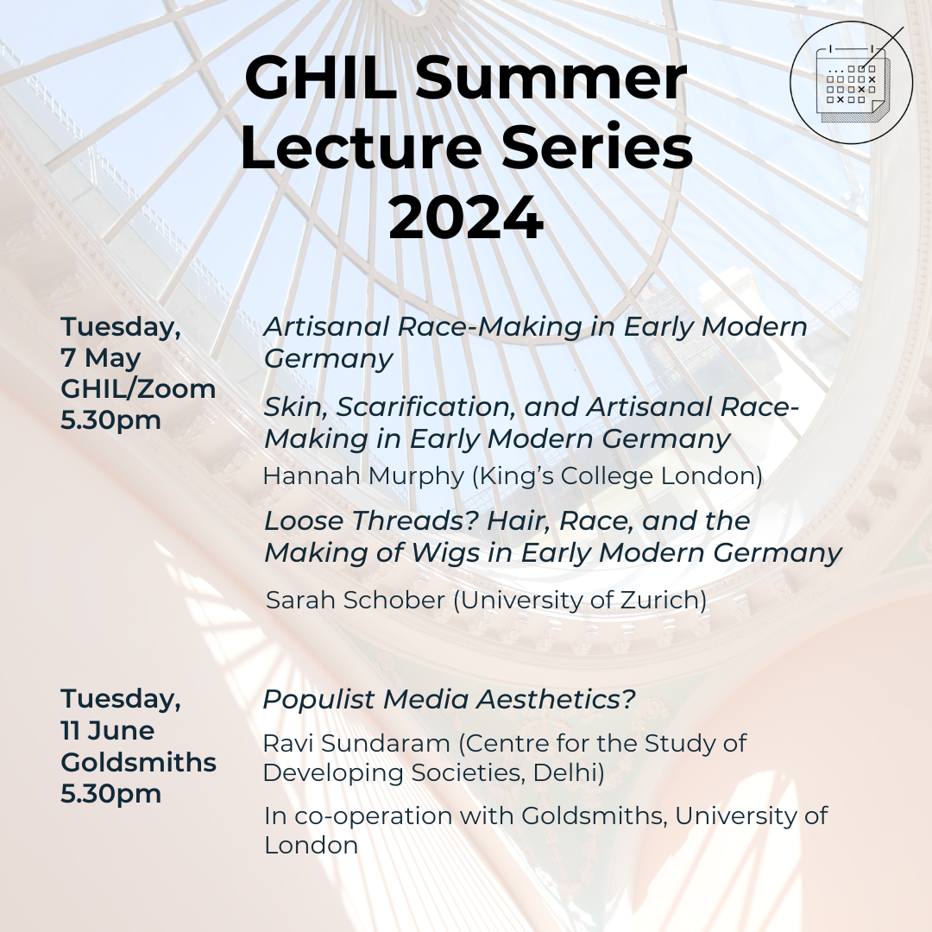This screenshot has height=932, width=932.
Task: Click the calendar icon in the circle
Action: (851, 83)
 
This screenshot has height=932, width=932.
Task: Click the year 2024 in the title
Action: (466, 217)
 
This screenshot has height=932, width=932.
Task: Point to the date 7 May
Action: (100, 358)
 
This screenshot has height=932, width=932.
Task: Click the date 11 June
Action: (107, 731)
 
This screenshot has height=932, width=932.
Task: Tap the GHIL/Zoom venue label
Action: (138, 389)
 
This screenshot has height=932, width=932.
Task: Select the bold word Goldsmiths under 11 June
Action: (138, 762)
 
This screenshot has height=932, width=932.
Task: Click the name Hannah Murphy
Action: (363, 476)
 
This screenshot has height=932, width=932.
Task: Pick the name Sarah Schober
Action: (356, 600)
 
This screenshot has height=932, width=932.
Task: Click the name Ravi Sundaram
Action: (356, 743)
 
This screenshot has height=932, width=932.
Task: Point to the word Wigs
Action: (445, 553)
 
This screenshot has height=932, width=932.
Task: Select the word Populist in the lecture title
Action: (318, 700)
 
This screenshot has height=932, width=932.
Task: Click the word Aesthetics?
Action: (557, 699)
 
